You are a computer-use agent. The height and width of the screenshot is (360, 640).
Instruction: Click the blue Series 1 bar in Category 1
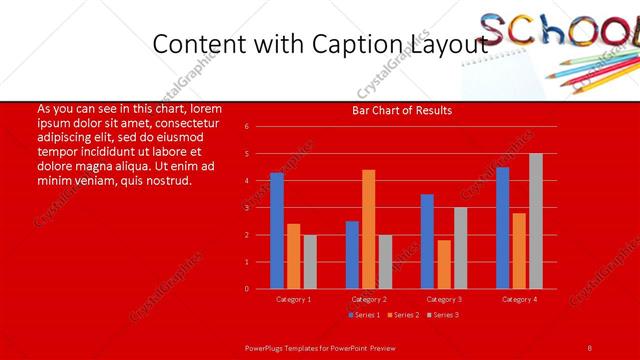(276, 231)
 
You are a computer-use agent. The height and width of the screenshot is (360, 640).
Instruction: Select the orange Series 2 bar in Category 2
(368, 229)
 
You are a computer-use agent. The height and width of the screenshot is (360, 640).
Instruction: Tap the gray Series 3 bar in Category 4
(536, 221)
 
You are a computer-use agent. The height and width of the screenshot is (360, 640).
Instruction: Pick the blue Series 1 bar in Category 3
(427, 241)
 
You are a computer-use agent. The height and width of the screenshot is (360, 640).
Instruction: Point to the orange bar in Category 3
(444, 264)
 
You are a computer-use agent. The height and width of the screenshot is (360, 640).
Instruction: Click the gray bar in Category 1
(310, 262)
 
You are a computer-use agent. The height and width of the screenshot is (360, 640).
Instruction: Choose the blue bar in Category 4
(502, 228)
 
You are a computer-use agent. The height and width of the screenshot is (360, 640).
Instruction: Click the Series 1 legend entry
(364, 315)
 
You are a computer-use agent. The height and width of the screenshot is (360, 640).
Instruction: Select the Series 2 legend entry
(404, 315)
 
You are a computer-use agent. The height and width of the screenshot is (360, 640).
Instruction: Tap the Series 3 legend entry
(444, 315)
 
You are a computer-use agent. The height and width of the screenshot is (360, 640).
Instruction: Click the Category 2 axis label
(368, 299)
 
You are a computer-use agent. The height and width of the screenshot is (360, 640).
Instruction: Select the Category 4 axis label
(519, 299)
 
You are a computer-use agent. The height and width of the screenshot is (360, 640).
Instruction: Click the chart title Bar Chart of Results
(402, 110)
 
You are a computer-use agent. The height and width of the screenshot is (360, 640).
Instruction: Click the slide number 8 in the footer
(589, 347)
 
